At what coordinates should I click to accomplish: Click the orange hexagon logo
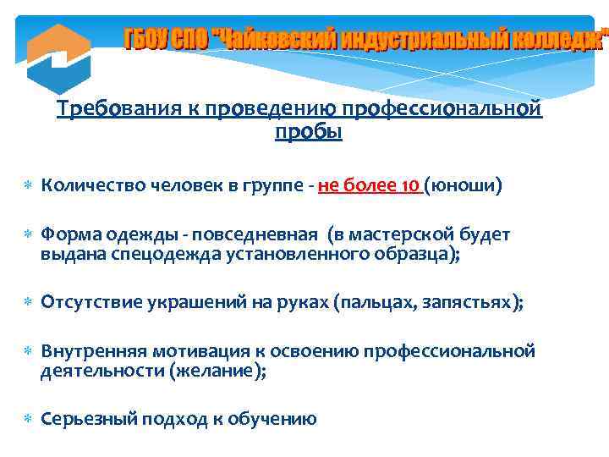(x=58, y=58)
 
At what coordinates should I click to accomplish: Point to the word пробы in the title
(x=309, y=132)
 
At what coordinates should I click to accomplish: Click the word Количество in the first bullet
(x=90, y=185)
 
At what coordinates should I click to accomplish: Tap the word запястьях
(x=469, y=303)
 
